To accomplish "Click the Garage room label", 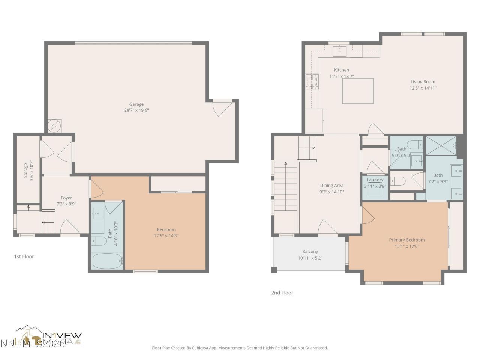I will [136, 104].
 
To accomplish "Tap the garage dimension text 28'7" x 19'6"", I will [136, 110].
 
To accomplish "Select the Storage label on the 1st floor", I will [25, 170].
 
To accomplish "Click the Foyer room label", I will [66, 198].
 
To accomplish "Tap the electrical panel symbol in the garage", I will [55, 126].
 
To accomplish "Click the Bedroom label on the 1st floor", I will [166, 229].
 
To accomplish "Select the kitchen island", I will [358, 91].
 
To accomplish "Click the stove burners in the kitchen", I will [312, 82].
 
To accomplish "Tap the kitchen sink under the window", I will [340, 51].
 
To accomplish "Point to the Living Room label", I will [423, 82].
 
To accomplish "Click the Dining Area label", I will [331, 186].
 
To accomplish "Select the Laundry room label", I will [375, 180].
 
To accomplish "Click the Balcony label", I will [310, 252].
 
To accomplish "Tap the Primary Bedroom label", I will [406, 240].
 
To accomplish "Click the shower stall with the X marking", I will [441, 145].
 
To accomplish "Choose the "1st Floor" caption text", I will [24, 256].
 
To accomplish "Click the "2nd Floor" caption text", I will [282, 292].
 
